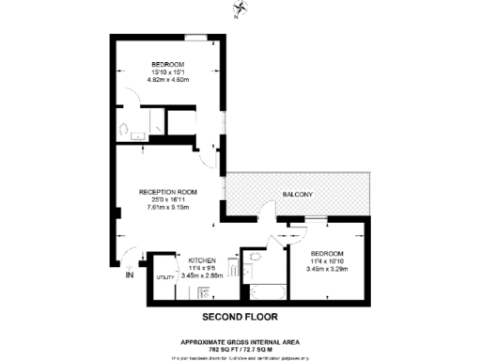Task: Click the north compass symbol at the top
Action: click(242, 10)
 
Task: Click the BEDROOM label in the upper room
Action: click(170, 64)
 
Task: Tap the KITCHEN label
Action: click(203, 260)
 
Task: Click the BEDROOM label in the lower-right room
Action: click(328, 254)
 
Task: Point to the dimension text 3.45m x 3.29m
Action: click(328, 269)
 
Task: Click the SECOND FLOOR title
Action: click(240, 318)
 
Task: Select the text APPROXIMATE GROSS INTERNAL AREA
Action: click(240, 341)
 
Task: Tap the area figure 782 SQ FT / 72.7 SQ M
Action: click(240, 349)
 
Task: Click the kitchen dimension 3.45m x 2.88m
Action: click(203, 275)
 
